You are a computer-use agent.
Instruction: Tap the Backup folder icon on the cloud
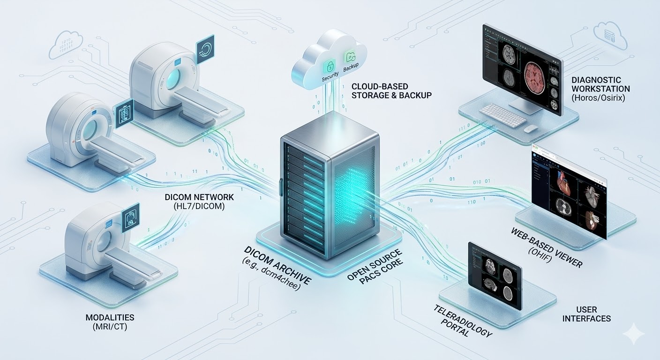pyautogui.click(x=350, y=58)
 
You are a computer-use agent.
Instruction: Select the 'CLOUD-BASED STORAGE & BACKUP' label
pyautogui.click(x=391, y=91)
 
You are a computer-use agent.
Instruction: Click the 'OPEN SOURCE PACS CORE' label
pyautogui.click(x=375, y=271)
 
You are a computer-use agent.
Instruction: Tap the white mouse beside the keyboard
pyautogui.click(x=531, y=128)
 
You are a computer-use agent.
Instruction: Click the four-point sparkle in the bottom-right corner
pyautogui.click(x=634, y=333)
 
